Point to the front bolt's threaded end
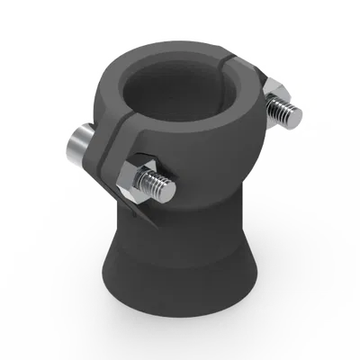164,189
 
